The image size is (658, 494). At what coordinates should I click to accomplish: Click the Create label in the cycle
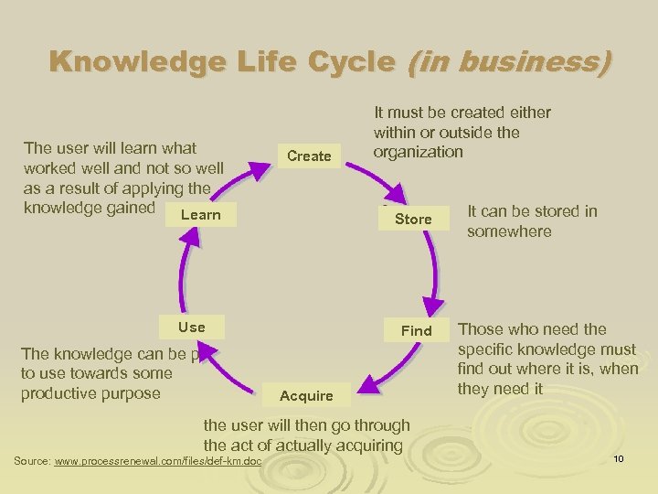coord(309,156)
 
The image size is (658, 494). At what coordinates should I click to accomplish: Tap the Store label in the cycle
coord(413,219)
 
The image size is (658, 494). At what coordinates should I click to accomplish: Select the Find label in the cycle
coord(417,330)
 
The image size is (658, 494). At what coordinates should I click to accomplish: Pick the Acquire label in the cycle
coord(306,395)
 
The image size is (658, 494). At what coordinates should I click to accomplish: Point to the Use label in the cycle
coord(192,327)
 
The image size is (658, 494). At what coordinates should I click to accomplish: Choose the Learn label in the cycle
coord(201,215)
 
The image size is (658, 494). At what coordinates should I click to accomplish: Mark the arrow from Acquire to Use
coord(228,375)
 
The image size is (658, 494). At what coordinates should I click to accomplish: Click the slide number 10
coord(619,457)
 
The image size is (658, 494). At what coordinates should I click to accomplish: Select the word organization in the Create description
coord(418,152)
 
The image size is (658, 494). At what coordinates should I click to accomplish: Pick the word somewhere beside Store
coord(509,231)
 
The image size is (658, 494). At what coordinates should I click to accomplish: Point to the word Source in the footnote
coord(32,461)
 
